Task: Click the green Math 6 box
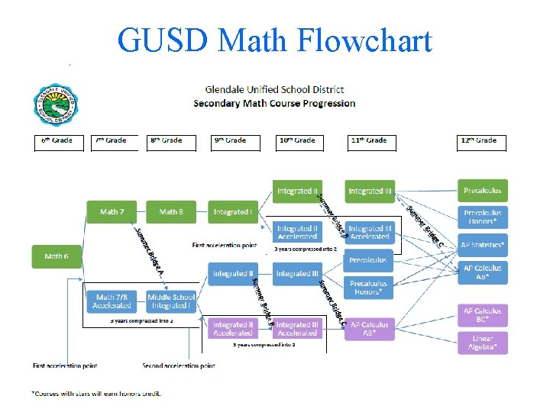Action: pos(56,256)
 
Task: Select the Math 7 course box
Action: pos(112,211)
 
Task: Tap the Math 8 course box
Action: pos(171,211)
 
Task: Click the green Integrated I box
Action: pos(232,211)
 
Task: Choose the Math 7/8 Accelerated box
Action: pos(112,301)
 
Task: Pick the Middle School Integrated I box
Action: pos(171,301)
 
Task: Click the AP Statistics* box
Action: pos(482,245)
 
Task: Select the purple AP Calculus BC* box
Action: pos(482,315)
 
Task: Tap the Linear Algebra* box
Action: pos(482,343)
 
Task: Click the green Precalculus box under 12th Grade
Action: pos(482,190)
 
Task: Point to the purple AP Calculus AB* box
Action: pos(370,329)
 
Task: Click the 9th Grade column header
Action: pos(231,140)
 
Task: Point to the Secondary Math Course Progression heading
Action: pos(274,103)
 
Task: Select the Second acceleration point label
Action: pos(179,366)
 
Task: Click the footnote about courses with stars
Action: pos(96,394)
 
